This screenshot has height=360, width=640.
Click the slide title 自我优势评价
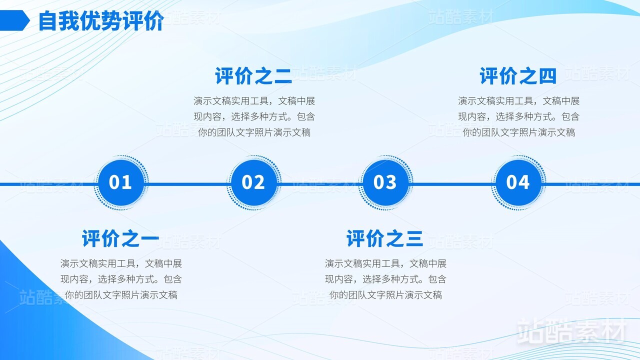point(101,20)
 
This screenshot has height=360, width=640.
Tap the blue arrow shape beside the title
point(14,20)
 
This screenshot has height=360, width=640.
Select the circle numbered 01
point(121,183)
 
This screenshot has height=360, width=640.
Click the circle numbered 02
point(253,183)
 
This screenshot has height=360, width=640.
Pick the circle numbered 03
point(385,183)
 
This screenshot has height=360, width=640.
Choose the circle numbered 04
point(518,183)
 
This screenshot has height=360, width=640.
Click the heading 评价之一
point(120,238)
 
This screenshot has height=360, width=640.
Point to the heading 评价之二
point(253,76)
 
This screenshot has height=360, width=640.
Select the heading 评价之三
point(384,238)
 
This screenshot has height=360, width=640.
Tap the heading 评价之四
point(518,76)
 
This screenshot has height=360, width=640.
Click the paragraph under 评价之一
point(121,279)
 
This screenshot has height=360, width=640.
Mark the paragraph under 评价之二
point(254,116)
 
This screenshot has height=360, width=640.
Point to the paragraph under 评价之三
point(385,279)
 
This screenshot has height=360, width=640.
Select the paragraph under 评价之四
point(519,116)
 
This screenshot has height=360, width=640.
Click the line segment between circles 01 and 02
point(187,184)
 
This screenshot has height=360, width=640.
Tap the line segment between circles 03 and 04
point(452,184)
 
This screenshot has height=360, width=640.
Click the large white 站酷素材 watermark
point(571,331)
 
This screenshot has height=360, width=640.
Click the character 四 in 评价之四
point(547,76)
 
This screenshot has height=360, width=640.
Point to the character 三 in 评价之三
point(414,238)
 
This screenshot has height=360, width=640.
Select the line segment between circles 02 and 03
point(319,184)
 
